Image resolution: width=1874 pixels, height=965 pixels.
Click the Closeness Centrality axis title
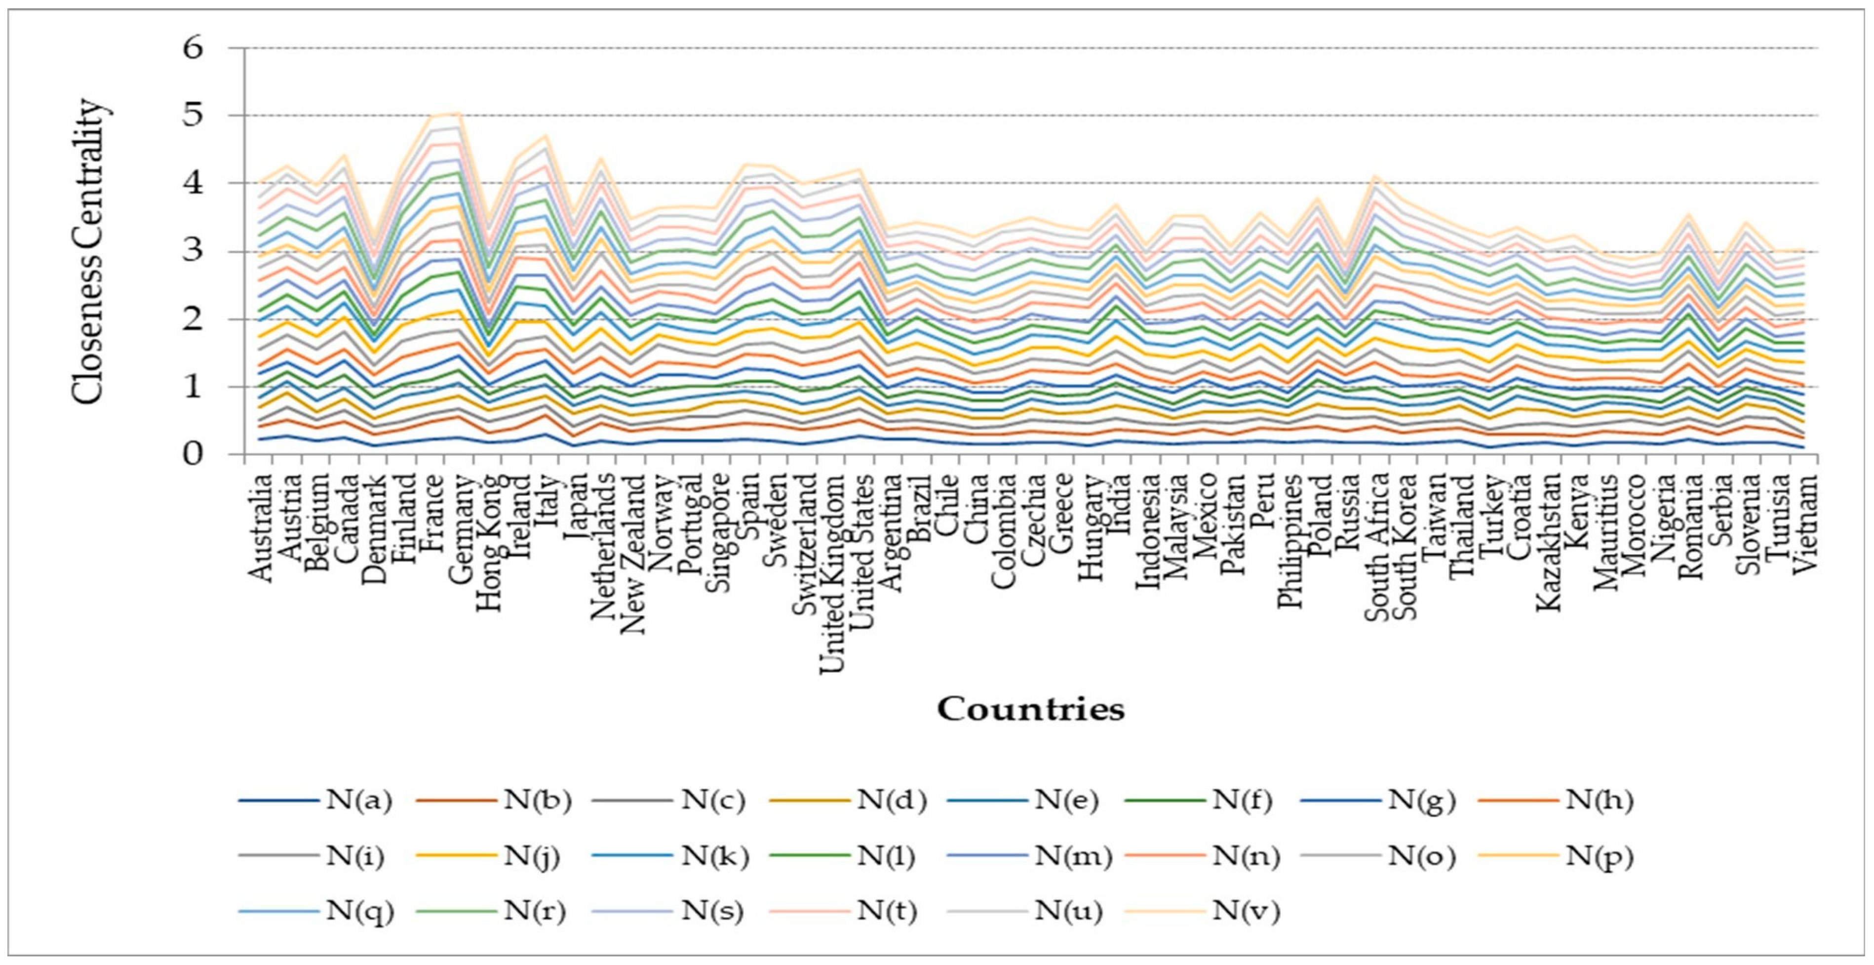(x=89, y=251)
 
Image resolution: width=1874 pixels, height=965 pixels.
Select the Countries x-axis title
(x=1030, y=708)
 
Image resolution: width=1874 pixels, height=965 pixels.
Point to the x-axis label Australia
(x=260, y=527)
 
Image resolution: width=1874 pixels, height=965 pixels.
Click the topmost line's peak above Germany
(x=458, y=113)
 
